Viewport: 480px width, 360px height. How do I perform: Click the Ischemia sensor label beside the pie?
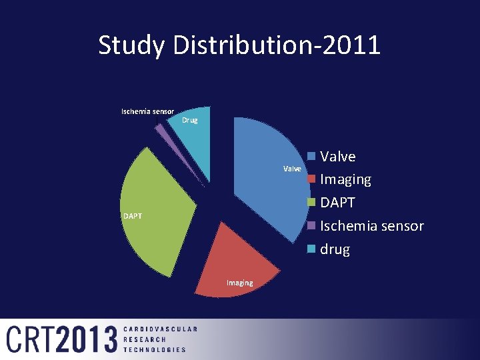147,111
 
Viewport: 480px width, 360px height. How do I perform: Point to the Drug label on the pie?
190,121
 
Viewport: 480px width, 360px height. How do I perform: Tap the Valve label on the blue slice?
292,169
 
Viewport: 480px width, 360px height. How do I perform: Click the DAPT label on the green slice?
132,216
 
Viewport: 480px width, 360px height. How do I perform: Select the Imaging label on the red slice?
239,283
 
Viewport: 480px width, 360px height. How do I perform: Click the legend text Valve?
338,157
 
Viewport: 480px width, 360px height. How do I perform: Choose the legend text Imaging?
345,180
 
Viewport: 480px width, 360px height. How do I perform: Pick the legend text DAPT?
338,203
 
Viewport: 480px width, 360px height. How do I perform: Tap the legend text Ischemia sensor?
371,226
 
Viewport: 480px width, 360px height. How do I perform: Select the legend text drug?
335,249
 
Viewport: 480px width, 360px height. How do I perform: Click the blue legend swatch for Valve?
311,157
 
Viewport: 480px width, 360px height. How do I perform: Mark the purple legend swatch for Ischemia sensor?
311,226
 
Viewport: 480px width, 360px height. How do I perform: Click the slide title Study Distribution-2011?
239,45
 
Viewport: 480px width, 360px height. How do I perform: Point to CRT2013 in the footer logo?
62,339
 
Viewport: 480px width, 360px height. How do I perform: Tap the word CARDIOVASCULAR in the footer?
160,329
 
